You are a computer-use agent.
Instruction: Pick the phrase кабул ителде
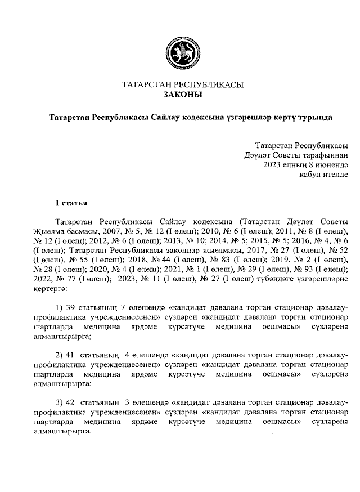(x=325, y=175)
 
